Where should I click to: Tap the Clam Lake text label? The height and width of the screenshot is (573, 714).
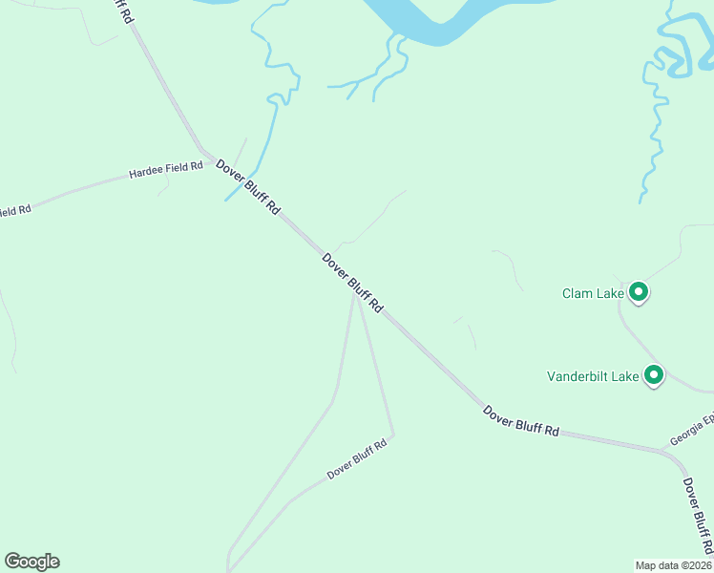point(592,293)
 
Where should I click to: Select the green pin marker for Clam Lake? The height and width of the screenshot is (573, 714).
point(640,292)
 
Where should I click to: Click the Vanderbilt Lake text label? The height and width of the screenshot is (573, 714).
point(593,376)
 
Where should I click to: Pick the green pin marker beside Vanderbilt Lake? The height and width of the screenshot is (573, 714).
point(655,375)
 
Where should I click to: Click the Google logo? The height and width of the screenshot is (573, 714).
point(31,562)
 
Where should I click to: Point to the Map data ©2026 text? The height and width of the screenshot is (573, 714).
point(674,565)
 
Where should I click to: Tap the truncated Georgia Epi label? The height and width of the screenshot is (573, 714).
point(691,430)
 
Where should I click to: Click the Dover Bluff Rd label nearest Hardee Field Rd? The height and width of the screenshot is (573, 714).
point(248,186)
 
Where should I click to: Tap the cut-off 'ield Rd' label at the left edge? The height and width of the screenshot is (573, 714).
point(15,209)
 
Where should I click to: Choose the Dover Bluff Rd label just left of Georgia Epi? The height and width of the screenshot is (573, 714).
point(521,421)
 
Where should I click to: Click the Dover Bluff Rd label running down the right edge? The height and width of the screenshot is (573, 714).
point(698,516)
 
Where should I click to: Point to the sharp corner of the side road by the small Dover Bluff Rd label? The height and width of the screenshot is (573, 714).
point(393,436)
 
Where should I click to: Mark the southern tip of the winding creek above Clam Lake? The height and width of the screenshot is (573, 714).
point(640,202)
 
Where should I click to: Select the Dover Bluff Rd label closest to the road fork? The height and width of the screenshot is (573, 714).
point(352,283)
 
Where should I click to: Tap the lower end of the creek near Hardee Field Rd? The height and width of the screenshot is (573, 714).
point(226,200)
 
